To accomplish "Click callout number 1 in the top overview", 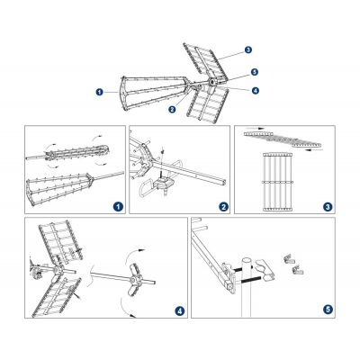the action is coord(99,92).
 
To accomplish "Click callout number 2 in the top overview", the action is coord(172,109).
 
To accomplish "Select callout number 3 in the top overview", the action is coord(248,49).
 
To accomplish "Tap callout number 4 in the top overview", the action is coord(256,90).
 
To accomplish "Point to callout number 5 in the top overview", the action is coord(255,72).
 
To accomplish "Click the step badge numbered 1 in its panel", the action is coord(119,206).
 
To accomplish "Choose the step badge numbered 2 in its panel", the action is coord(223,206).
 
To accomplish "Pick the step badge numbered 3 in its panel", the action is coord(328,206).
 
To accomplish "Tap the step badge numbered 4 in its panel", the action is coord(180,310).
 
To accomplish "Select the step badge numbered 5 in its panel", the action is coord(328,310).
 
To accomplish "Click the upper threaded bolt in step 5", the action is coord(238,270).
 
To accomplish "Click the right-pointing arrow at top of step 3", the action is coord(258,128).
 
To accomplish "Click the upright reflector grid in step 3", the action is coord(277,182).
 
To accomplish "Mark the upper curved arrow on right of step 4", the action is coord(132,255).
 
